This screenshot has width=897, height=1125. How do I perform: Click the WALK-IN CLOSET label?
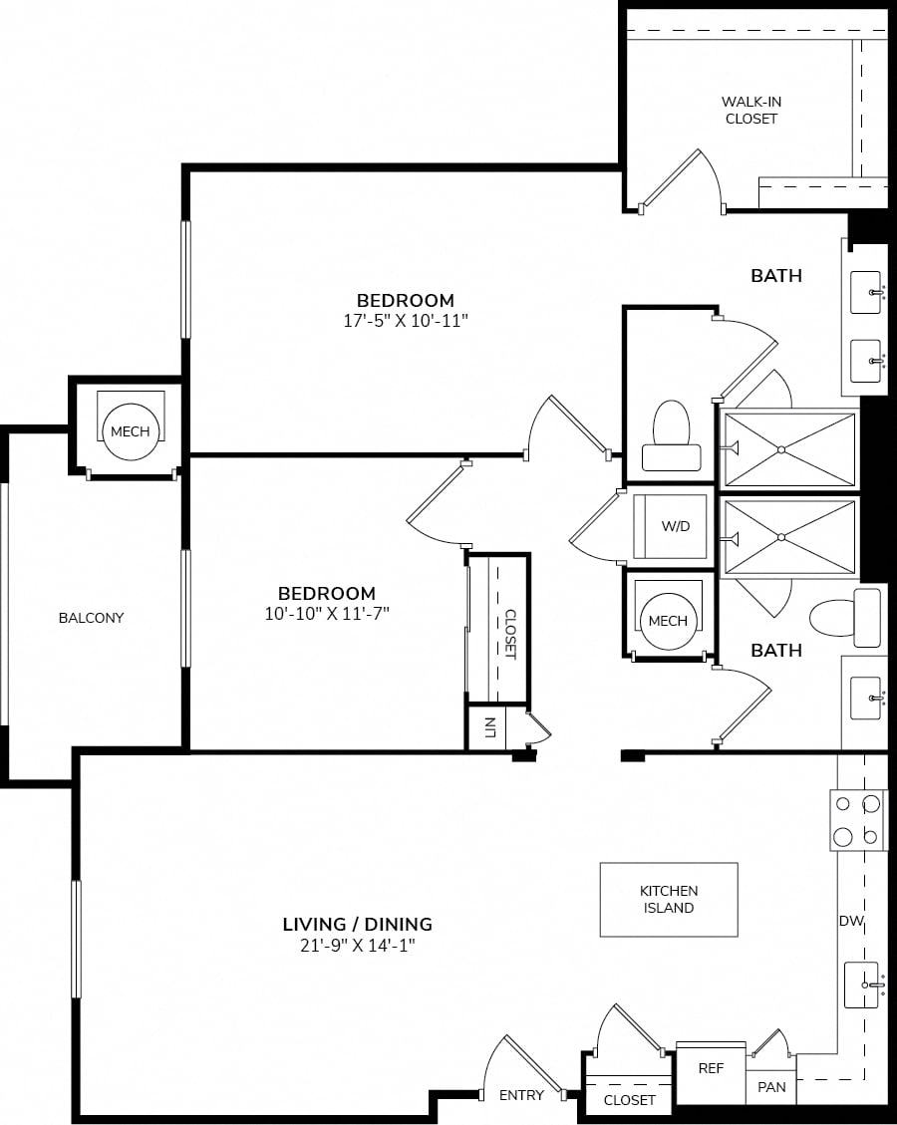pos(751,110)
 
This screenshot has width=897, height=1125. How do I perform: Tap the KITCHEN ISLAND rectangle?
pos(669,899)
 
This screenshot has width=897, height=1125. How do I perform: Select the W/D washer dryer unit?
pos(670,526)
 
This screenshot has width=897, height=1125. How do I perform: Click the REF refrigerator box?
pos(712,1072)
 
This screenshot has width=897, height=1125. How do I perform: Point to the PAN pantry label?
pos(771,1087)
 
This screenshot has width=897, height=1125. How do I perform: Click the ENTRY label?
pos(521,1095)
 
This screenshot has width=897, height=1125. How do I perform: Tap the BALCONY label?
pos(91,617)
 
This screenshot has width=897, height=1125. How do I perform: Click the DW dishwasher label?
pos(851,921)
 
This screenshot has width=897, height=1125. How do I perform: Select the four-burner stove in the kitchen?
pos(857,820)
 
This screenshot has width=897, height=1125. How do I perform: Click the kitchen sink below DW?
pos(862,984)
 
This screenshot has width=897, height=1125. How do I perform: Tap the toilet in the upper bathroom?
pos(672,435)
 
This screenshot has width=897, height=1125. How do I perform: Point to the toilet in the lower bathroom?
pos(845,617)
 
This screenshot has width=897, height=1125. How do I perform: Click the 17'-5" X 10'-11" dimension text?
pos(406,320)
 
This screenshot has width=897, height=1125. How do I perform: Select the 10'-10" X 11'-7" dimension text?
pos(327,613)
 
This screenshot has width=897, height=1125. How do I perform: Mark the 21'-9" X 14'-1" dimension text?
pos(358,945)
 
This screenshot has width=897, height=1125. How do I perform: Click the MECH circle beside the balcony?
pos(130,431)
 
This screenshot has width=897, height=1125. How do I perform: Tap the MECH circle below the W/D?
pos(668,622)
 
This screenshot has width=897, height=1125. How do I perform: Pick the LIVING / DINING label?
pos(358,924)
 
